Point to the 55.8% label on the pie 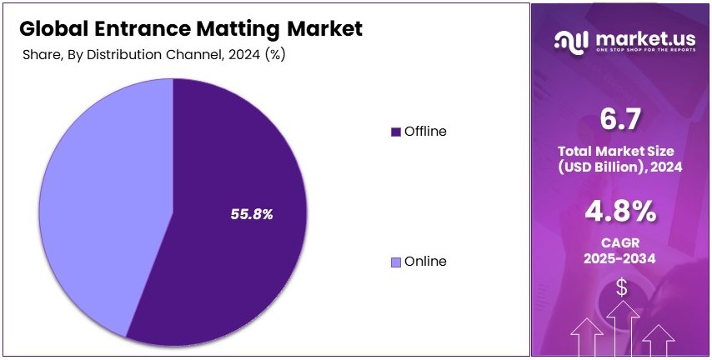[x=252, y=214]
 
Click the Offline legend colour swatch [x=396, y=132]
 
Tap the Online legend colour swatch [x=396, y=262]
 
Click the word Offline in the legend [x=425, y=132]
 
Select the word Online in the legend [x=425, y=262]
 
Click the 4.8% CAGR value [x=621, y=212]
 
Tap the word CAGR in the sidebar [x=621, y=243]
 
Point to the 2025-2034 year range [x=621, y=259]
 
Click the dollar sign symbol [x=622, y=287]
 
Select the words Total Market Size [x=621, y=152]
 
